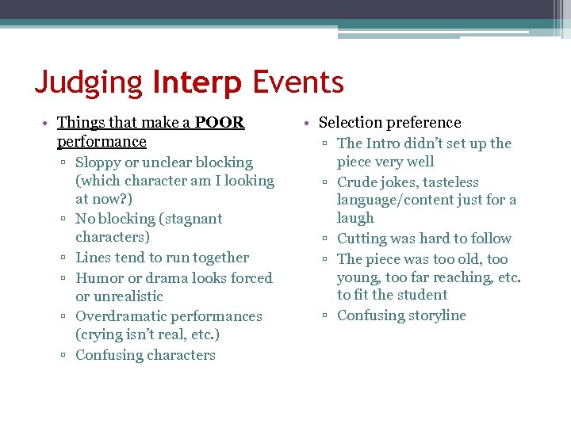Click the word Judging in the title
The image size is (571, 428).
(x=88, y=83)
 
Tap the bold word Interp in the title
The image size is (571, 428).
(x=197, y=83)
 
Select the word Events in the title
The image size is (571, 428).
(x=298, y=82)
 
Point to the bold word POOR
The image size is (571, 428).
(x=220, y=123)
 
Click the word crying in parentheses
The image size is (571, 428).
(x=100, y=334)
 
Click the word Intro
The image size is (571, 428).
(x=383, y=143)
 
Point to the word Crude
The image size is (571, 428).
(x=358, y=182)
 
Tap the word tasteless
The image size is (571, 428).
(x=450, y=182)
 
